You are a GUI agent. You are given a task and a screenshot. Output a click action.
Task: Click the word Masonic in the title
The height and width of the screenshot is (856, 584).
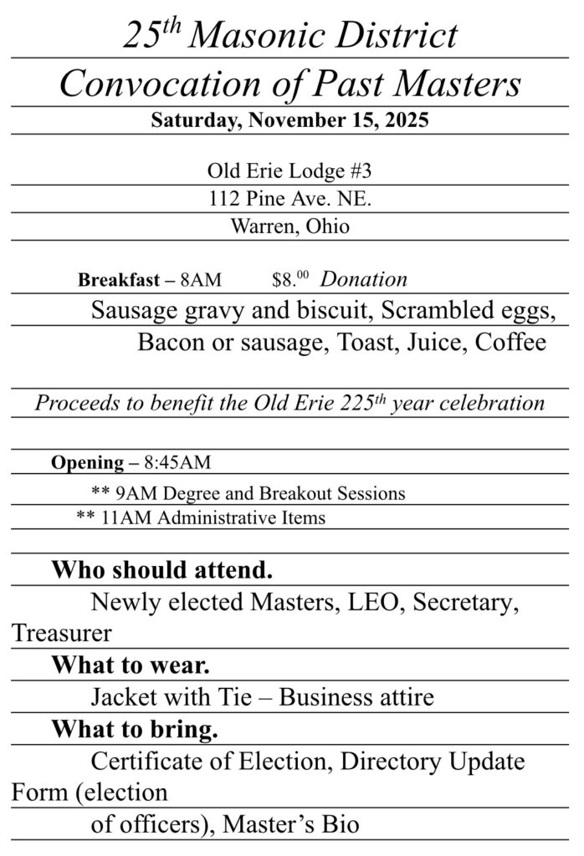[267, 36]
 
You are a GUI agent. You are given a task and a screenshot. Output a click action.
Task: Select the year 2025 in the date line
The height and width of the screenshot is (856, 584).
[406, 120]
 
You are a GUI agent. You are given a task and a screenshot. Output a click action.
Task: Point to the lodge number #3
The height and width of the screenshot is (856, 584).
[359, 171]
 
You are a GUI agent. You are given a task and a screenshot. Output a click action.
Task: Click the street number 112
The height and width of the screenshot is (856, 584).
[225, 199]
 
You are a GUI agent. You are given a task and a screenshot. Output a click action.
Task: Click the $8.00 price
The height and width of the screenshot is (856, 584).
[289, 280]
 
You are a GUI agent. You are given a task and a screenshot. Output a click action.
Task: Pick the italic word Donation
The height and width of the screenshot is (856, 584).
[364, 279]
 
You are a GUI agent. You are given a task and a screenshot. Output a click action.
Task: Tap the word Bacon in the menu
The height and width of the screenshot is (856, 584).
[170, 343]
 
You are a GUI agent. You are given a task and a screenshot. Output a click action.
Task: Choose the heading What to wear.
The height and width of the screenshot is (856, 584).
[130, 665]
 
